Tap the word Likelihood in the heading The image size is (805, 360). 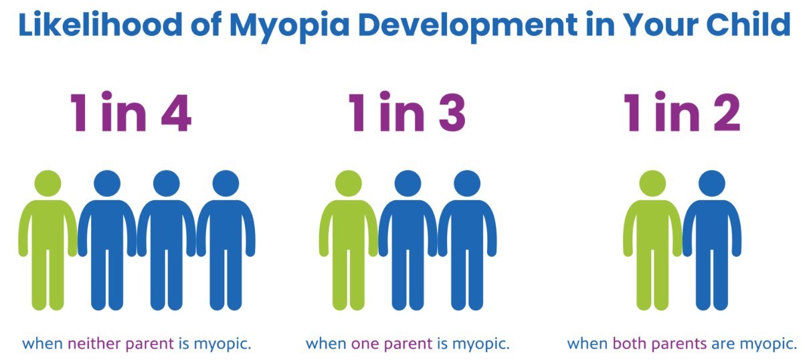point(100,25)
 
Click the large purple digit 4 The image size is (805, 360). point(176,112)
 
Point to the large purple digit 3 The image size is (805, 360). point(452,112)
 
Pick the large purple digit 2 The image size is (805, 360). point(727,112)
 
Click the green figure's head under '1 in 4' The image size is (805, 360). point(48,183)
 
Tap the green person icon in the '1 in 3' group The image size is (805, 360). point(348,240)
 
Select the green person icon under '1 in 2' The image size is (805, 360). point(652,240)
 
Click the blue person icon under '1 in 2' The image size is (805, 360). point(711,240)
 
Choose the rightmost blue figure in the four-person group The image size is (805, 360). point(226,240)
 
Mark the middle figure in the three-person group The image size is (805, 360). point(408,240)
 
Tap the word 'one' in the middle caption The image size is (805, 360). point(365,345)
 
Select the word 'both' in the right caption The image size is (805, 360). point(628,344)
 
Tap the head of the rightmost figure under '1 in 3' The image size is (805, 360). point(467,183)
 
